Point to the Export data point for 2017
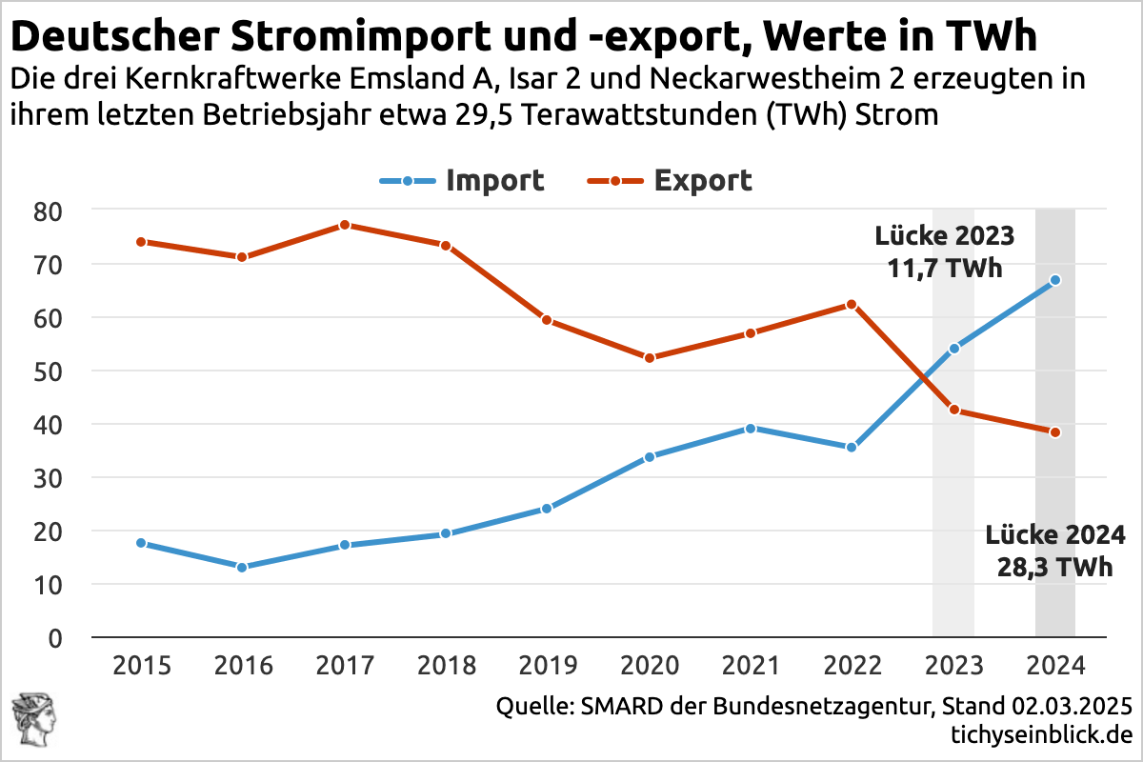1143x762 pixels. pyautogui.click(x=345, y=225)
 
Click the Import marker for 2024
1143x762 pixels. pyautogui.click(x=1055, y=280)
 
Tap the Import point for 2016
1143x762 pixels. pyautogui.click(x=242, y=567)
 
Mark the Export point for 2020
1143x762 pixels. pyautogui.click(x=650, y=358)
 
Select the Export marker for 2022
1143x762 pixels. pyautogui.click(x=852, y=305)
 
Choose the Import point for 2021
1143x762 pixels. pyautogui.click(x=751, y=429)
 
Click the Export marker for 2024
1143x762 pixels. pyautogui.click(x=1055, y=432)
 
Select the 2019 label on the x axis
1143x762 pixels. pyautogui.click(x=548, y=665)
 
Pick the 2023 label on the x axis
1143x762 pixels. pyautogui.click(x=953, y=665)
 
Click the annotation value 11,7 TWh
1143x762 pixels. pyautogui.click(x=945, y=269)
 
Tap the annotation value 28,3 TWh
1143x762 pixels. pyautogui.click(x=1055, y=567)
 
